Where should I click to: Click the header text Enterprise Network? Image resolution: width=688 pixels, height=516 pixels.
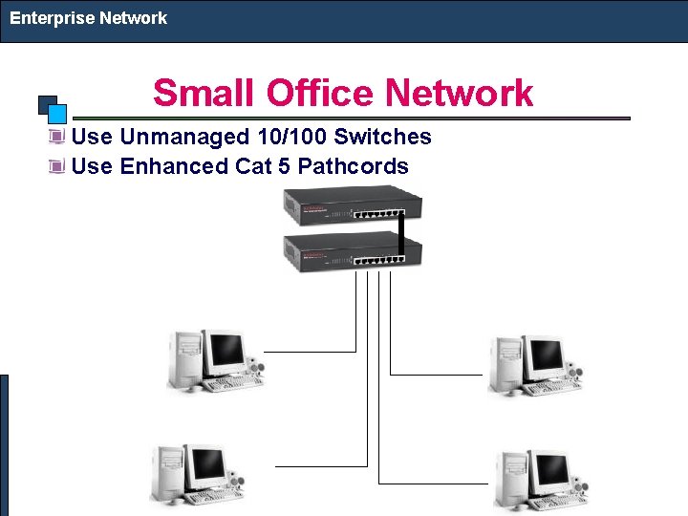coord(88,18)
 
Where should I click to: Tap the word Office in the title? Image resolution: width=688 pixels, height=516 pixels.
coord(319,94)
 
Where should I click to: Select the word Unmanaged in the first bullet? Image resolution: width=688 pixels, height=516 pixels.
coord(177,138)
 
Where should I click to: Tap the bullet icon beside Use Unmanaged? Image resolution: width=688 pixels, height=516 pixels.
coord(57,138)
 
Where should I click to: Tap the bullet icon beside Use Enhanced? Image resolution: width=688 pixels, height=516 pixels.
coord(57,167)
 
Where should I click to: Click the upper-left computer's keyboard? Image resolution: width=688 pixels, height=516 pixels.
coord(231,384)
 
